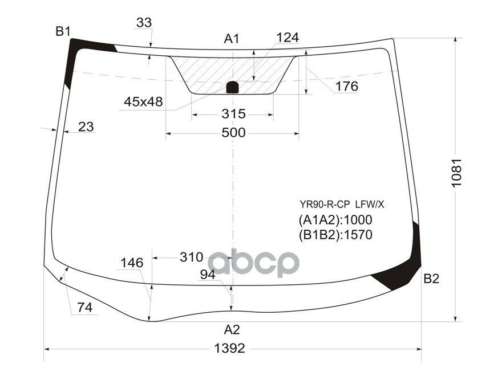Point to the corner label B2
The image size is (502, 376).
[431, 279]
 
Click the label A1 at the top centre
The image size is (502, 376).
[231, 39]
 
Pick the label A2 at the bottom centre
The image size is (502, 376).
[232, 329]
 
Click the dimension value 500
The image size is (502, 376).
[233, 133]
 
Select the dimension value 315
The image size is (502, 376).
[233, 114]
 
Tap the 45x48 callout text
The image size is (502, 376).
[143, 102]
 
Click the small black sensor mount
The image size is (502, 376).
[233, 87]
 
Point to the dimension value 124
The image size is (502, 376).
[288, 38]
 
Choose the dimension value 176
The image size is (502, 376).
[346, 87]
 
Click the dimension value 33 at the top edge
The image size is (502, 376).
[144, 23]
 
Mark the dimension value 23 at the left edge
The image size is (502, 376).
[86, 126]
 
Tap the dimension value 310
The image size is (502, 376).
[191, 257]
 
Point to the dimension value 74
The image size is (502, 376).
[84, 308]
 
